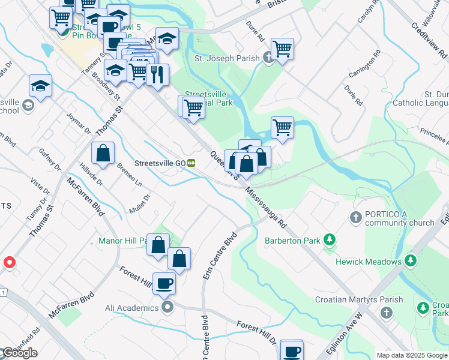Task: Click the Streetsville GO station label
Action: point(159,163)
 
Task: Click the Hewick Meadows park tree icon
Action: point(411,261)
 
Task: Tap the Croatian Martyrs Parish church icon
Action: point(387,313)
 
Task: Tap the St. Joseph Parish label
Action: point(227,58)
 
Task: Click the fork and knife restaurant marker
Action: point(157,74)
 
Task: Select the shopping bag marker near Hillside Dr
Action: point(103,152)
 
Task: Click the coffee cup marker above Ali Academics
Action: point(164,283)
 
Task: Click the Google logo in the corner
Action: point(19,353)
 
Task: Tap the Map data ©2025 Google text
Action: point(412,355)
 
